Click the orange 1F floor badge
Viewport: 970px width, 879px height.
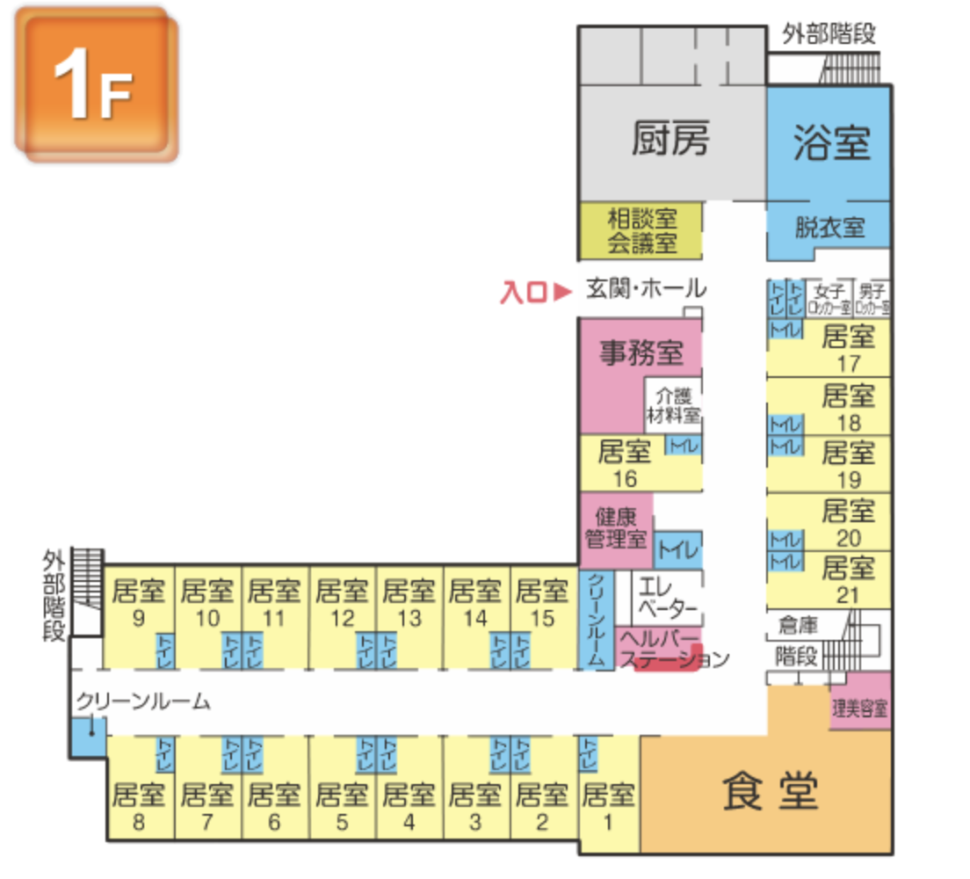[x=95, y=86]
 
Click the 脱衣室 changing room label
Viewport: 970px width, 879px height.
[x=829, y=229]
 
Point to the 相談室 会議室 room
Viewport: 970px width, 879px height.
[x=641, y=230]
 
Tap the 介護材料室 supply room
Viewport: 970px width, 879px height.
[x=673, y=404]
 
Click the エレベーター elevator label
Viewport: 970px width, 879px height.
[x=667, y=596]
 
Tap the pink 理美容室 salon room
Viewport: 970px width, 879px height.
[x=860, y=705]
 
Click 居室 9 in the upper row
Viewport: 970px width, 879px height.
[x=139, y=602]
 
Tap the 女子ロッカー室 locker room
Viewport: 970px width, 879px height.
[x=829, y=299]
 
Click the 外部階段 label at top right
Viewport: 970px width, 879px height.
[x=829, y=34]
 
